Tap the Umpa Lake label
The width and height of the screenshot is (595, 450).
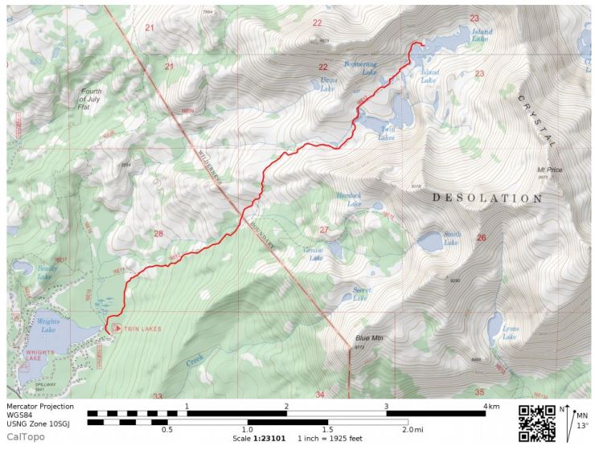point(327,86)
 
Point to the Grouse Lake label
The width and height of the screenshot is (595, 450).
point(313,255)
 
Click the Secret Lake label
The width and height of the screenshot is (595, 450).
point(360,294)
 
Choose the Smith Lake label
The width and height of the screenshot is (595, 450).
point(452,239)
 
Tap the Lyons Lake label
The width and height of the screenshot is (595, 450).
point(510,333)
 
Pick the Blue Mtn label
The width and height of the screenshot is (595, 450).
point(369,338)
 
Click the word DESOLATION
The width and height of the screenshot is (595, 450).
point(487,198)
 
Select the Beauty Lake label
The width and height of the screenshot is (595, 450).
point(44,273)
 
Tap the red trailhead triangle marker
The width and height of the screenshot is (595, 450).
point(115,328)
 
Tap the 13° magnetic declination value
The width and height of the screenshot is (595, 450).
point(584,426)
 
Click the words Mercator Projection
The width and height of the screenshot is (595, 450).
point(40,407)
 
